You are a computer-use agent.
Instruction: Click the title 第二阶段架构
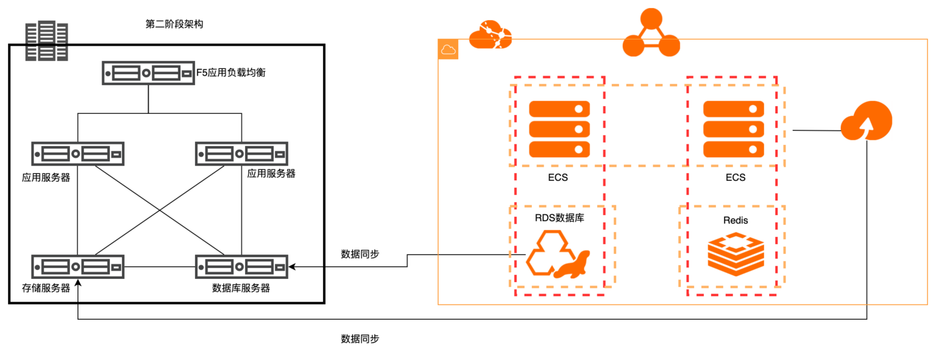[x=174, y=24]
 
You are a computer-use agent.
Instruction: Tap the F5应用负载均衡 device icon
[x=148, y=74]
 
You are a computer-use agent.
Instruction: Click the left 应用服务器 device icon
[x=78, y=153]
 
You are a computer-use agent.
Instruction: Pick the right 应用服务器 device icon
[x=241, y=153]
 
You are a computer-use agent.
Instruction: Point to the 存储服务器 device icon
[x=78, y=266]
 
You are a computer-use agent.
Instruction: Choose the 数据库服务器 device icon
[x=241, y=266]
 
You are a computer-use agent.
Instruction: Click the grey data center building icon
[x=46, y=41]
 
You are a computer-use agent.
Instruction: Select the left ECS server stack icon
[x=559, y=129]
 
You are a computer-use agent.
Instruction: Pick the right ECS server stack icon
[x=734, y=129]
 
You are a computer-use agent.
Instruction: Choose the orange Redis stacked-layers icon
[x=736, y=254]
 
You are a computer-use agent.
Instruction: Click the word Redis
[x=736, y=220]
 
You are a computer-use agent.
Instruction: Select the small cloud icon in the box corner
[x=448, y=50]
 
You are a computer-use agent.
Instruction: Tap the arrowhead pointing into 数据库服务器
[x=291, y=266]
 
